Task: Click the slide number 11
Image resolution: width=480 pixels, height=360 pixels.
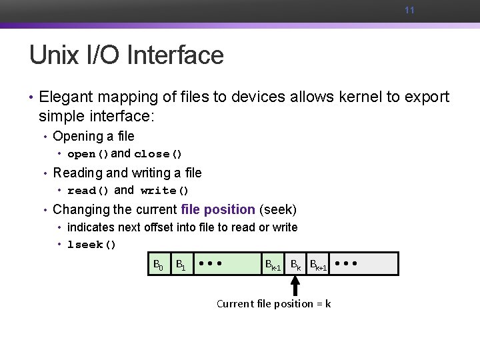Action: pyautogui.click(x=409, y=11)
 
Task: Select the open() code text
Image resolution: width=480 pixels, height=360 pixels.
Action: pyautogui.click(x=88, y=154)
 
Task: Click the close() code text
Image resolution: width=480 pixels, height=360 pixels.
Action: pyautogui.click(x=158, y=154)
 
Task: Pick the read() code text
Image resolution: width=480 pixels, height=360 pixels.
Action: pyautogui.click(x=88, y=191)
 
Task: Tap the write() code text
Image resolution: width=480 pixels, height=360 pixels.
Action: pyautogui.click(x=165, y=191)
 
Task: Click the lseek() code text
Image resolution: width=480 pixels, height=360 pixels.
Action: pyautogui.click(x=92, y=245)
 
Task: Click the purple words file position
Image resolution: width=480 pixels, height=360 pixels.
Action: pyautogui.click(x=218, y=209)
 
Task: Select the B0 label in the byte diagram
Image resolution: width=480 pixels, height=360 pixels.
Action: pyautogui.click(x=158, y=265)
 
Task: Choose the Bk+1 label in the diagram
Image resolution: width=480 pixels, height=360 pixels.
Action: pyautogui.click(x=318, y=265)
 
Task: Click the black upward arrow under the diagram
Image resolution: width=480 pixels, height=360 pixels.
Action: pyautogui.click(x=295, y=285)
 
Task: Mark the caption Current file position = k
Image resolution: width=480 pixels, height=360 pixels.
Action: pyautogui.click(x=273, y=304)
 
